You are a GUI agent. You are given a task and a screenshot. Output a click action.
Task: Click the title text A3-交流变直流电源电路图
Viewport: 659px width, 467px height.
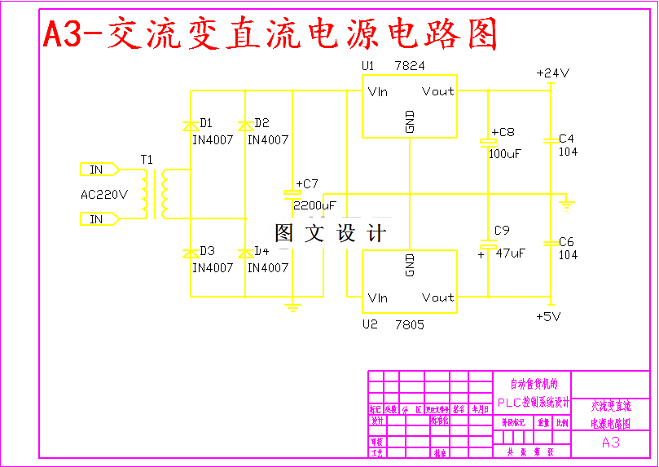pos(269,34)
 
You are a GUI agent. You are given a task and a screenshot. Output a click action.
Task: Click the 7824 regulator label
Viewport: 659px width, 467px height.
pos(409,65)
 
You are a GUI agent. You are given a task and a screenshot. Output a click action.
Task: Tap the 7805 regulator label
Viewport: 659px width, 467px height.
pos(409,325)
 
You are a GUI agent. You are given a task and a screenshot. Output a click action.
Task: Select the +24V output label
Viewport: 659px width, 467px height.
pos(552,73)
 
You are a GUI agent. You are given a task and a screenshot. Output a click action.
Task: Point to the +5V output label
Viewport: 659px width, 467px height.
pos(549,316)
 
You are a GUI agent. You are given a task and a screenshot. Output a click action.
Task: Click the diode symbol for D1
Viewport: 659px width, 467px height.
pos(190,126)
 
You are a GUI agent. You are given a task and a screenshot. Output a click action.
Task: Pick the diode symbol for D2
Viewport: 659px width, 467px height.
pos(244,126)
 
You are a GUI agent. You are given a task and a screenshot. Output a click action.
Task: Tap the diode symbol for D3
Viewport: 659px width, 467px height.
pos(190,253)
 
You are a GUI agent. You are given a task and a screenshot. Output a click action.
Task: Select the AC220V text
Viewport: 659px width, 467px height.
pos(104,194)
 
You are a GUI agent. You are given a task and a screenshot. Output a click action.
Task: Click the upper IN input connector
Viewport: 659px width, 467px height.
pos(98,170)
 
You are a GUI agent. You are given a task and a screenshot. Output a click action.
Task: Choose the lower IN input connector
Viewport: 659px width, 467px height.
pos(98,218)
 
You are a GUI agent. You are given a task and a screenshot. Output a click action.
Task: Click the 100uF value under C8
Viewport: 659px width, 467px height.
pos(504,153)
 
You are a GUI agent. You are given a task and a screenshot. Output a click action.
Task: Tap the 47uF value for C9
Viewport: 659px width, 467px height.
pos(510,253)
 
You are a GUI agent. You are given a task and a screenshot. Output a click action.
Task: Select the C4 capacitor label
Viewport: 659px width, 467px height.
pos(566,139)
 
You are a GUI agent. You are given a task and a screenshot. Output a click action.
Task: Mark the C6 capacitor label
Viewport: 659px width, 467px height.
pos(566,242)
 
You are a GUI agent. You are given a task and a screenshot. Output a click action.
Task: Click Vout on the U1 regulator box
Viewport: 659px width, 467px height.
pos(437,91)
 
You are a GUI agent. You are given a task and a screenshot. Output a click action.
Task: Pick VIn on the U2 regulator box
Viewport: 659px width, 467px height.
pos(377,298)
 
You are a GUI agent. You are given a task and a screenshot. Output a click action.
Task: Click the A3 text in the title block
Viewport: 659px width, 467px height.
pos(610,443)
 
